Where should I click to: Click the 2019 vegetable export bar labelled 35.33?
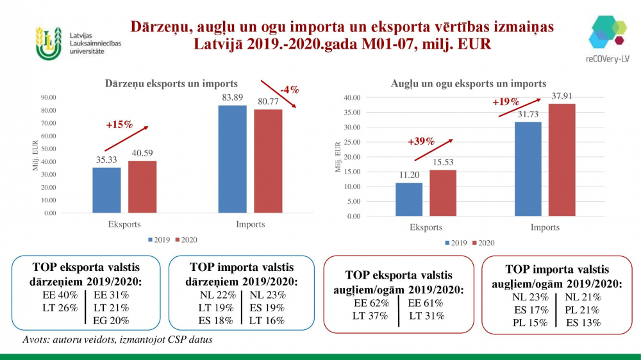[x=106, y=190]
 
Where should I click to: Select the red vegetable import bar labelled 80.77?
[x=268, y=161]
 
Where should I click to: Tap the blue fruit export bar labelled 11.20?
[x=409, y=199]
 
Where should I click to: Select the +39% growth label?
[x=420, y=142]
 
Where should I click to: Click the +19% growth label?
[x=506, y=102]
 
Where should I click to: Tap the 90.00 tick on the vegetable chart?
[x=49, y=97]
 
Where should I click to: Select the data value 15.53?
[x=444, y=162]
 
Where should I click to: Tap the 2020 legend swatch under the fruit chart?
[x=475, y=243]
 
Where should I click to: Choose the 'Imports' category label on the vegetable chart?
[x=250, y=224]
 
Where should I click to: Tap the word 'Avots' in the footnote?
[x=35, y=340]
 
